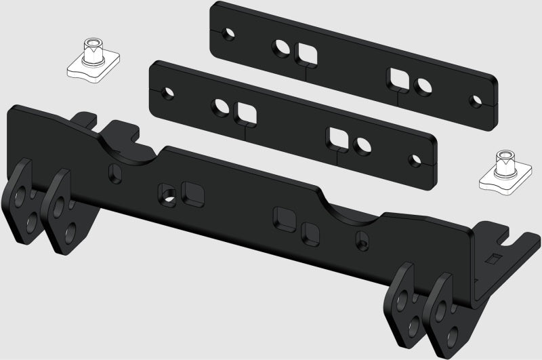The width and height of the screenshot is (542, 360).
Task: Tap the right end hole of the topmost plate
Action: coord(474,101)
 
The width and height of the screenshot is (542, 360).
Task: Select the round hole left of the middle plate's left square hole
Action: coord(221,106)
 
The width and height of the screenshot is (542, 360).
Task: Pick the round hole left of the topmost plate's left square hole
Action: coord(280,47)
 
